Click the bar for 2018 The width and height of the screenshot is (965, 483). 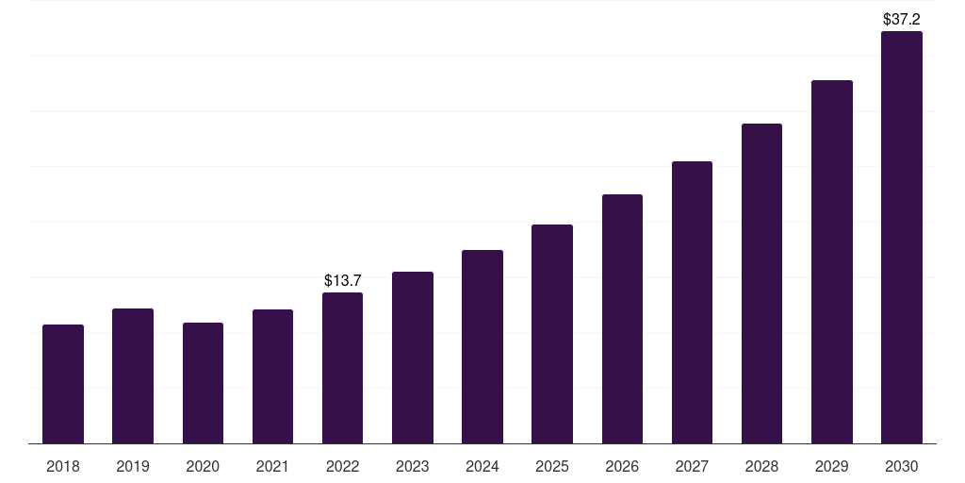(x=63, y=384)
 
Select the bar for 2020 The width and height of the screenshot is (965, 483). (x=203, y=383)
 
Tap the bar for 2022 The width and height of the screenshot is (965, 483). (x=342, y=368)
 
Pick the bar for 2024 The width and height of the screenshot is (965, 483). (x=482, y=346)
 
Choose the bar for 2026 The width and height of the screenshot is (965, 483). (x=622, y=319)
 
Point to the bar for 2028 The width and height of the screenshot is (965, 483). (x=761, y=283)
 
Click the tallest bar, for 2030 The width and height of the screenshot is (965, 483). (x=902, y=238)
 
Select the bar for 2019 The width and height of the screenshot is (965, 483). (x=133, y=375)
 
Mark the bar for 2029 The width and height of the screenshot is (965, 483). (x=832, y=261)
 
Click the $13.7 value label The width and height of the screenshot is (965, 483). (x=342, y=280)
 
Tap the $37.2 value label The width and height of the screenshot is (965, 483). (x=902, y=19)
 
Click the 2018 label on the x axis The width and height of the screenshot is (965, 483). (x=63, y=466)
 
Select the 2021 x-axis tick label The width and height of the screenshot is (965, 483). (x=272, y=466)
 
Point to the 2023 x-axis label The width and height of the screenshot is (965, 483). (x=413, y=466)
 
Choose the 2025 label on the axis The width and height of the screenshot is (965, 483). (x=552, y=466)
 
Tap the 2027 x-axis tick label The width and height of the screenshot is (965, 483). (x=692, y=466)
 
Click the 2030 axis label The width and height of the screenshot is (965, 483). (x=902, y=466)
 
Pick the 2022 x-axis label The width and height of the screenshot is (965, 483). (x=342, y=466)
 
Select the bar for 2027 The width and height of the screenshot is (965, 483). (x=692, y=302)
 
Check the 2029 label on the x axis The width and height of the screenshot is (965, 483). (x=832, y=466)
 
